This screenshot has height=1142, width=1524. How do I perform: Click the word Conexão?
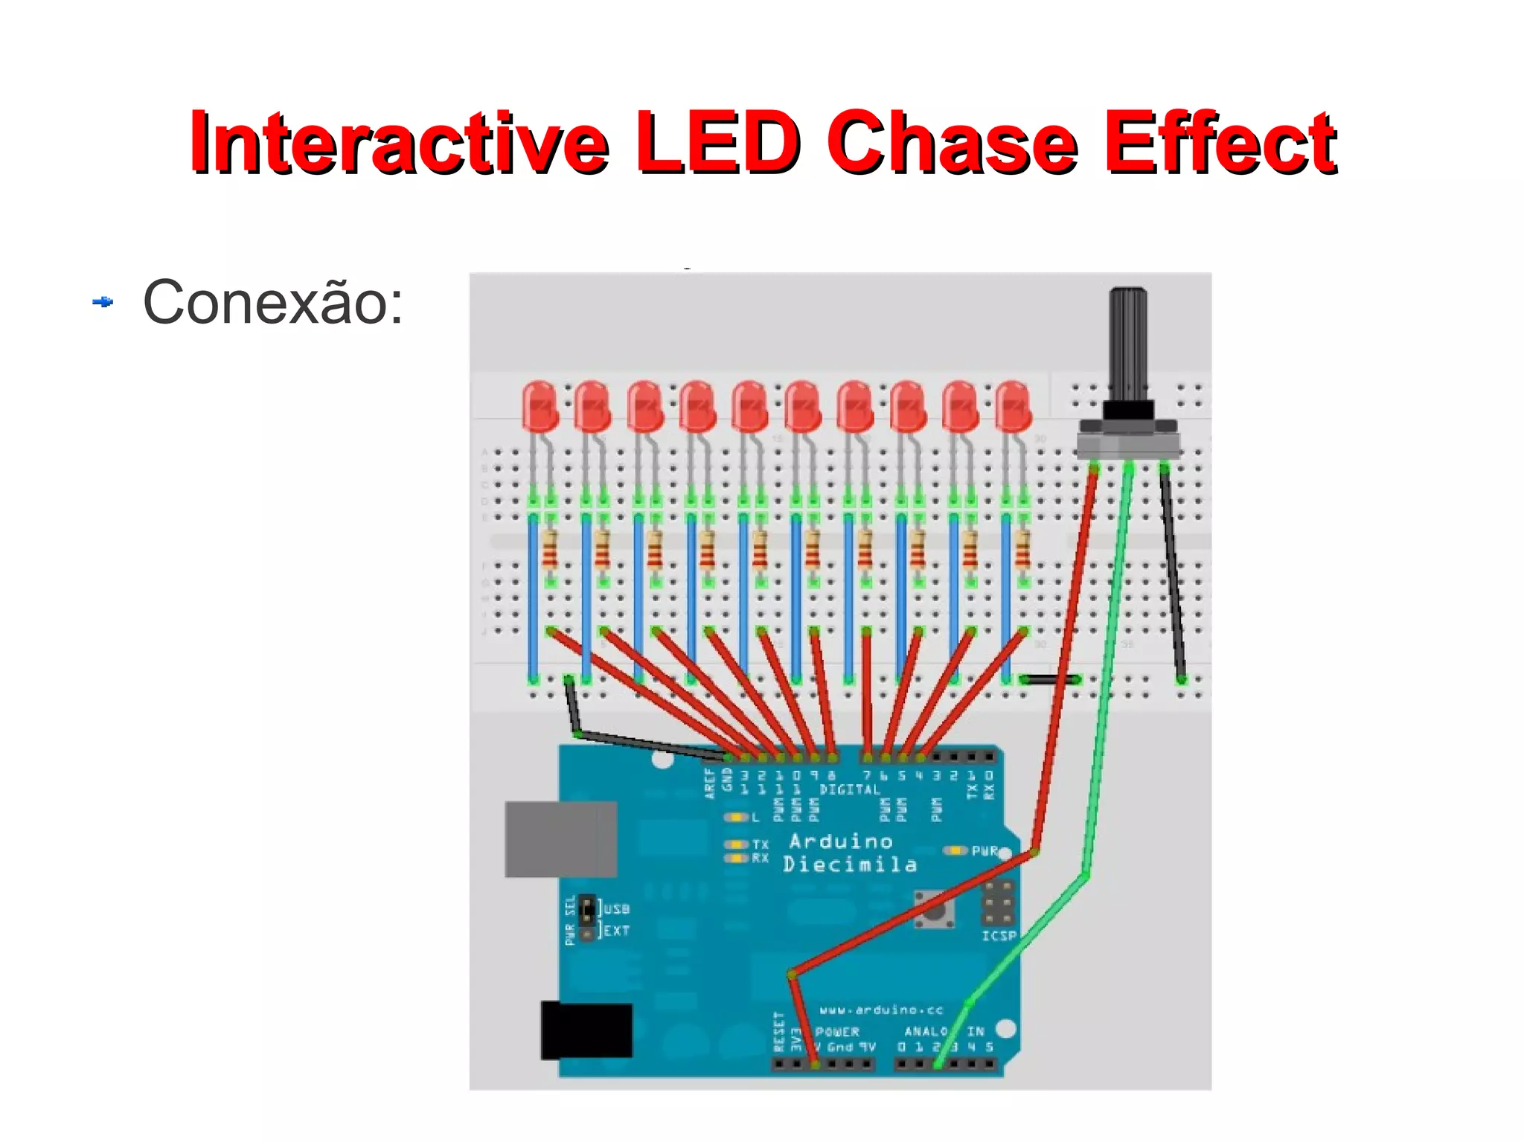(x=272, y=303)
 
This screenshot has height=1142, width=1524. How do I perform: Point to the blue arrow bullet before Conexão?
(x=103, y=302)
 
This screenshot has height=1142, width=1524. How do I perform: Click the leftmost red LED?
(x=540, y=406)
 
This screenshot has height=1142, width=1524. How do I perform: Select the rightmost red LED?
(x=1014, y=406)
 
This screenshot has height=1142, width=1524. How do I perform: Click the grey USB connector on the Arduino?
(x=561, y=839)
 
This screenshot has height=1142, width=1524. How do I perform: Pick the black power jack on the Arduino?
(x=586, y=1030)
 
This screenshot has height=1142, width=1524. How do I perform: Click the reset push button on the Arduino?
(x=935, y=909)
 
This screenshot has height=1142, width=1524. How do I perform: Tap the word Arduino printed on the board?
(x=841, y=841)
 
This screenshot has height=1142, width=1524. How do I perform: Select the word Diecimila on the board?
(x=850, y=864)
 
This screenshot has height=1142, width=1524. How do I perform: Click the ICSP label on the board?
(x=999, y=936)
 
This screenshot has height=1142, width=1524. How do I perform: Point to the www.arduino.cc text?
(x=881, y=1010)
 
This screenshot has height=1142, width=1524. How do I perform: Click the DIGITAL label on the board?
(x=850, y=789)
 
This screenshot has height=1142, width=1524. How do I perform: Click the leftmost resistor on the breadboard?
(x=550, y=549)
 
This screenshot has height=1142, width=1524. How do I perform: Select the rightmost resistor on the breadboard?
(x=1023, y=549)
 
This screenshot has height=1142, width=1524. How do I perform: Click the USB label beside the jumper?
(x=617, y=908)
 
